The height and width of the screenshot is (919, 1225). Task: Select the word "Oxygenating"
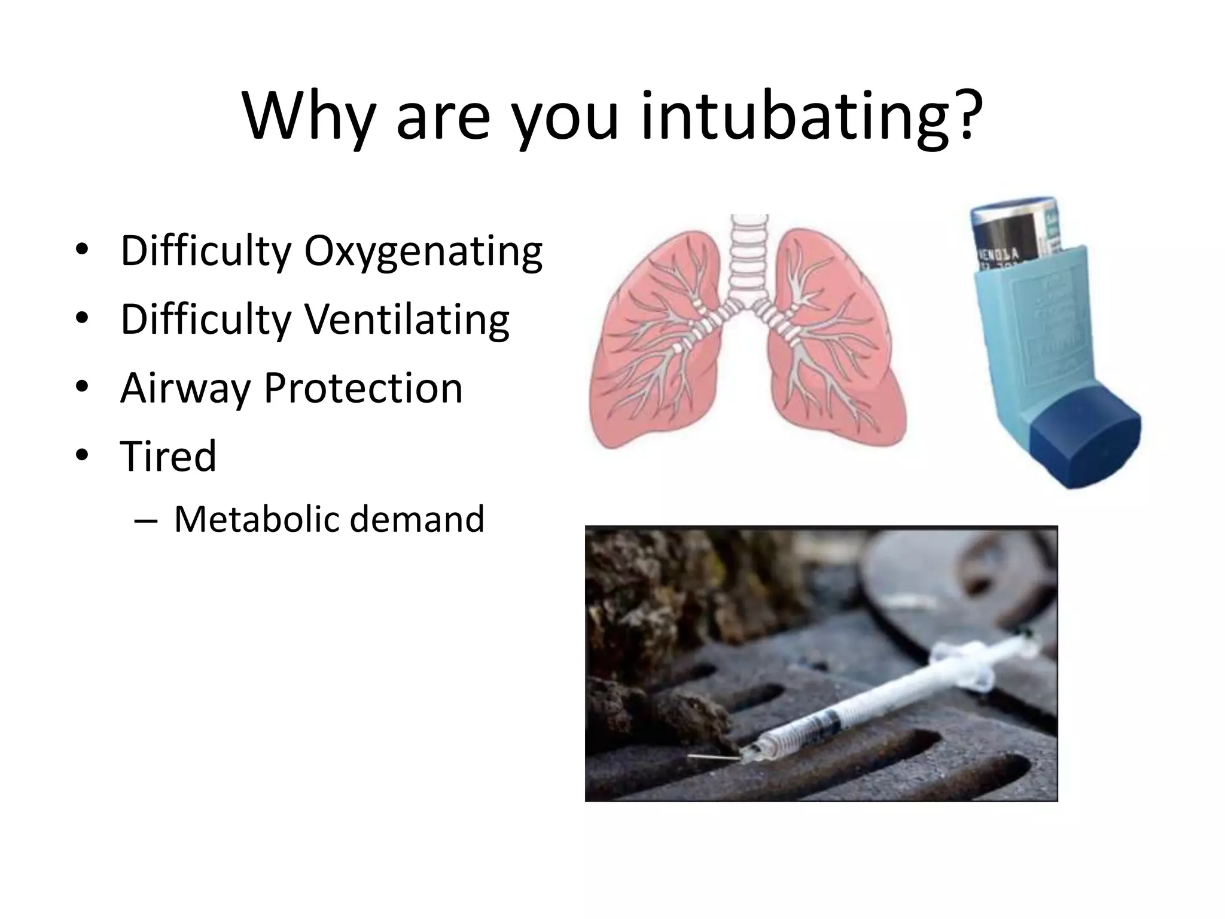[423, 251]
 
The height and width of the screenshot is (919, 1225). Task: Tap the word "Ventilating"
[407, 319]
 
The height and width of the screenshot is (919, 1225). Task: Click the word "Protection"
[363, 388]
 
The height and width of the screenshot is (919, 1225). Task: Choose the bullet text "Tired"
[168, 456]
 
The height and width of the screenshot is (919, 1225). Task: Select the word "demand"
[417, 519]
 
